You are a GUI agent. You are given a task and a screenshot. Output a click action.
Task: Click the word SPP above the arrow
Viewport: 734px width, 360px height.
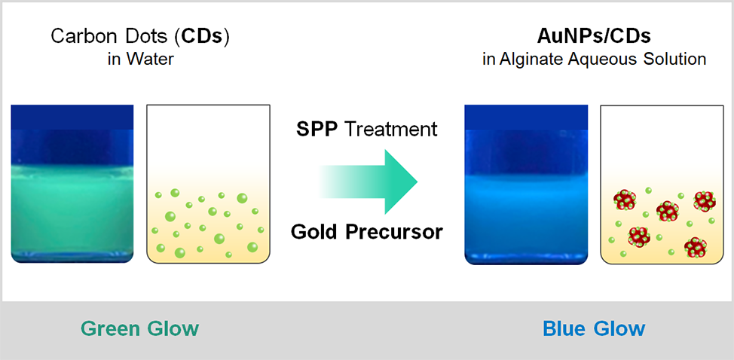317,130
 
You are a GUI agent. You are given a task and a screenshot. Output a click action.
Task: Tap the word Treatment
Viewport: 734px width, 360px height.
390,130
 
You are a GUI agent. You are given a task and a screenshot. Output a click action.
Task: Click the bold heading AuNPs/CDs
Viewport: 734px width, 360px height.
594,37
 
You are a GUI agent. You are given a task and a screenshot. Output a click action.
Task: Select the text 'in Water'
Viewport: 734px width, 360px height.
141,59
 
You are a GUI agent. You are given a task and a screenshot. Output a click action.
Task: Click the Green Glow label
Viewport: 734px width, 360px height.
140,328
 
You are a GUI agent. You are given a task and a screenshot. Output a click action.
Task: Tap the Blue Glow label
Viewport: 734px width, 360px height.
594,328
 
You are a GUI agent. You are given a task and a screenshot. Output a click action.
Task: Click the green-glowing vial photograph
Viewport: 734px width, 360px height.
72,184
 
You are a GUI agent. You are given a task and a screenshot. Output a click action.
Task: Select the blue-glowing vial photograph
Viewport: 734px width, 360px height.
526,185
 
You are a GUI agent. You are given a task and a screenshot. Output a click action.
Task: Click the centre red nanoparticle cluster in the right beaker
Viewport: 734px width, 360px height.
668,212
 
